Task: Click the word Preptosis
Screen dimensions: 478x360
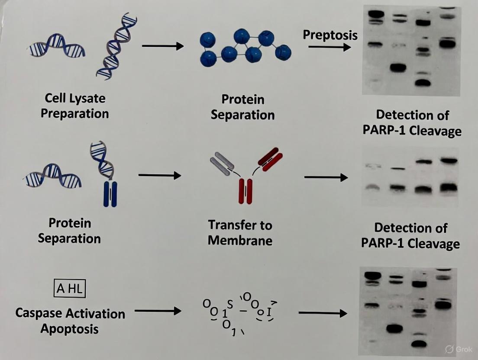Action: pyautogui.click(x=330, y=35)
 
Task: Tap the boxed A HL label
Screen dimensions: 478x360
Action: pyautogui.click(x=69, y=289)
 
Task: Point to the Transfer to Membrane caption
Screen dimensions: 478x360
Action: pyautogui.click(x=240, y=232)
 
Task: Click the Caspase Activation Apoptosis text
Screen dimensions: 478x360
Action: pyautogui.click(x=70, y=321)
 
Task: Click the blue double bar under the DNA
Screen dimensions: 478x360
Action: pyautogui.click(x=110, y=193)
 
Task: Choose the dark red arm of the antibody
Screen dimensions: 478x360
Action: pyautogui.click(x=270, y=159)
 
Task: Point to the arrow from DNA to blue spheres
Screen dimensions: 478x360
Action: pyautogui.click(x=163, y=45)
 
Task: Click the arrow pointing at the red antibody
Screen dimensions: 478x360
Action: pyautogui.click(x=159, y=175)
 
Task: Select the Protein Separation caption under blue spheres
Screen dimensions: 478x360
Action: pyautogui.click(x=242, y=107)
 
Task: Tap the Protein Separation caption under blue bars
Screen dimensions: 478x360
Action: pyautogui.click(x=69, y=231)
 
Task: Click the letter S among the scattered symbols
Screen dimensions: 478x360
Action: pyautogui.click(x=230, y=304)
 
